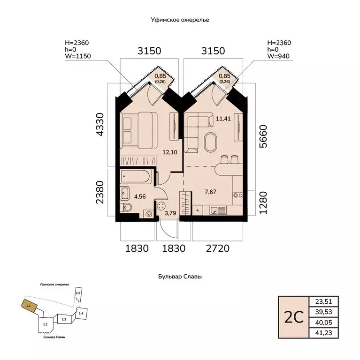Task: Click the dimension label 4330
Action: point(101,123)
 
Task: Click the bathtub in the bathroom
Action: point(135,177)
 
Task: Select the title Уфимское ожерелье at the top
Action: point(180,20)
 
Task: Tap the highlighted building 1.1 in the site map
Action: point(29,305)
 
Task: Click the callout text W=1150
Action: point(78,56)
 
